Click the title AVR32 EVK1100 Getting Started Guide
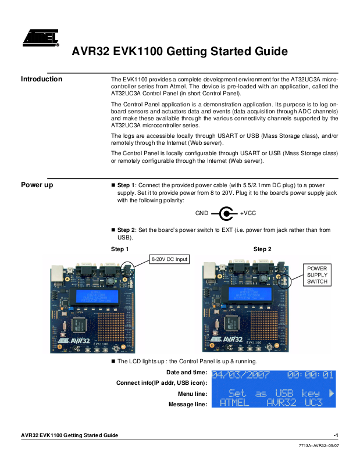pos(179,51)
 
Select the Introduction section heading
pos(41,79)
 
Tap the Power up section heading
pos(37,185)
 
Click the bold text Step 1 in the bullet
pos(126,185)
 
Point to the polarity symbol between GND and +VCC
pos(226,213)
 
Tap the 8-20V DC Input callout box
pos(169,259)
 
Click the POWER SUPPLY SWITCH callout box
pos(318,275)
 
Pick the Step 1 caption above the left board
pos(119,249)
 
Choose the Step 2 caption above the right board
pos(262,249)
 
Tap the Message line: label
pos(188,404)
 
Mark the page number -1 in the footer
pos(336,435)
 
